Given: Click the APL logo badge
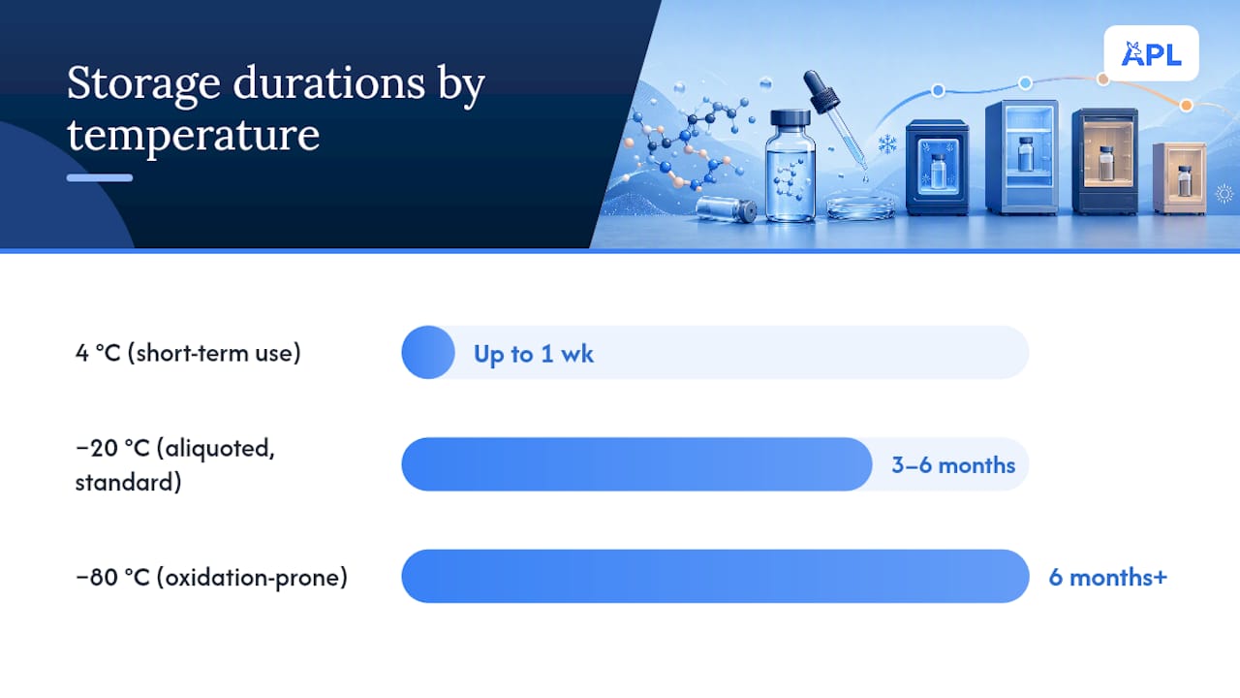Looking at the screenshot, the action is tap(1152, 53).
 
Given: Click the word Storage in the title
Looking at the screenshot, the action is tap(144, 84).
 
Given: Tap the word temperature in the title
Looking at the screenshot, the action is tap(193, 135).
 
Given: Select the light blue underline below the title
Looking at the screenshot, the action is tap(100, 177).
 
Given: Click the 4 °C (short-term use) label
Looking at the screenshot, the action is tap(188, 353).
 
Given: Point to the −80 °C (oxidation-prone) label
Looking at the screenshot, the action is tap(211, 577).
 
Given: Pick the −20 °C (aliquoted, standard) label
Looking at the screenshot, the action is tap(175, 464).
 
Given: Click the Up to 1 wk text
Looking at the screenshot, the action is tap(534, 354).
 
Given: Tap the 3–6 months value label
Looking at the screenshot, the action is tap(953, 465).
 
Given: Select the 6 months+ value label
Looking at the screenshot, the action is tap(1108, 577).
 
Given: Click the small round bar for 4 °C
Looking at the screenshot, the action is tap(428, 352).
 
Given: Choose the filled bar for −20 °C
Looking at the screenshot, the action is tap(636, 464).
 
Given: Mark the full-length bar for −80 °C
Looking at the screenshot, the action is tap(715, 576).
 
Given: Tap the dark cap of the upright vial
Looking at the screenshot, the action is tap(790, 118).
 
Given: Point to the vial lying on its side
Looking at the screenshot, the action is tap(727, 209).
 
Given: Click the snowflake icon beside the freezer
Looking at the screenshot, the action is tap(887, 145).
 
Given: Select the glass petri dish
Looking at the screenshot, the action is tap(861, 209).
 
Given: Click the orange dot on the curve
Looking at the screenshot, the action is tap(1186, 106).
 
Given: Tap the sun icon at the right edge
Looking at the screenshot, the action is tap(1224, 194).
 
